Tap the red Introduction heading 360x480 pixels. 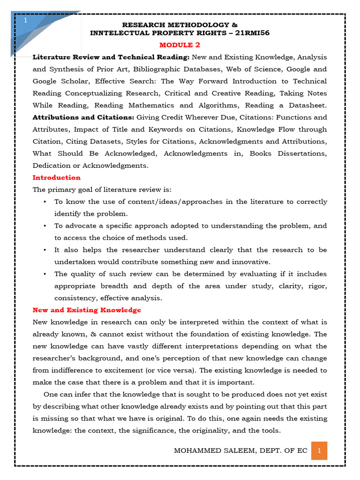[x=56, y=178]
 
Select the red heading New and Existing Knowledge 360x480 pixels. [x=87, y=310]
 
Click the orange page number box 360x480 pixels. [x=319, y=451]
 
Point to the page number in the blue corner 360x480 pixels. [x=25, y=21]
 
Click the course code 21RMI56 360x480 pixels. [x=251, y=33]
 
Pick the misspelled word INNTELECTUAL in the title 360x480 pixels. [x=119, y=33]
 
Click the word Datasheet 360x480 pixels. [x=306, y=105]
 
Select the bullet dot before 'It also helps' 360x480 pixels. [x=44, y=250]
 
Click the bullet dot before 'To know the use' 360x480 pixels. [x=44, y=202]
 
